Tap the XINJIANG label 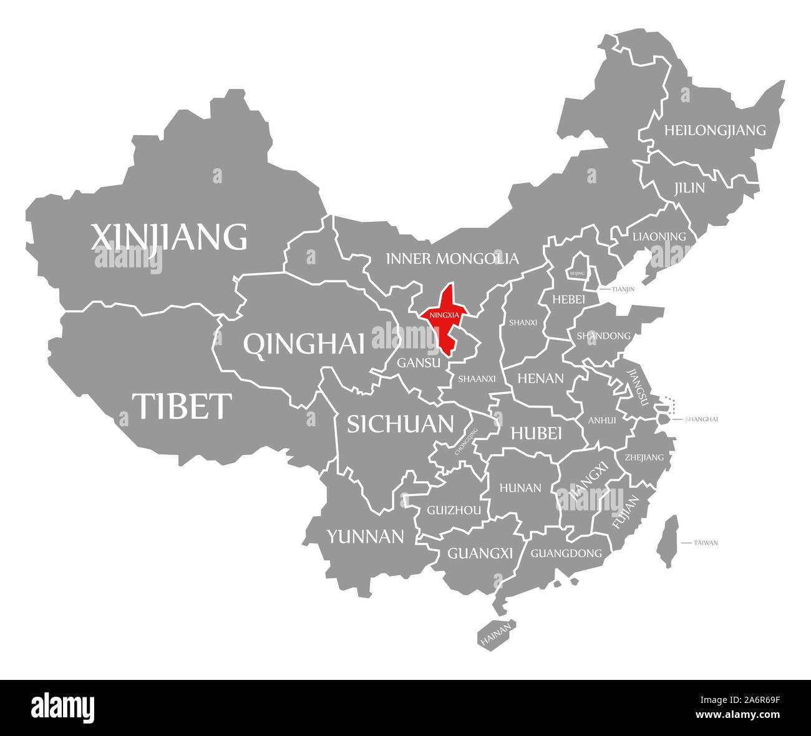tap(169, 237)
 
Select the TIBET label tap(182, 406)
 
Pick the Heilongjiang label tap(714, 130)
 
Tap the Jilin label tap(689, 188)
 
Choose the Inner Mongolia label tap(452, 258)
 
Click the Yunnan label tap(366, 536)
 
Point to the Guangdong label tap(566, 553)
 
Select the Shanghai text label tap(701, 419)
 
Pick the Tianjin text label tap(623, 289)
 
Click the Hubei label tap(537, 433)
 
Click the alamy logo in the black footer tap(62, 707)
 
